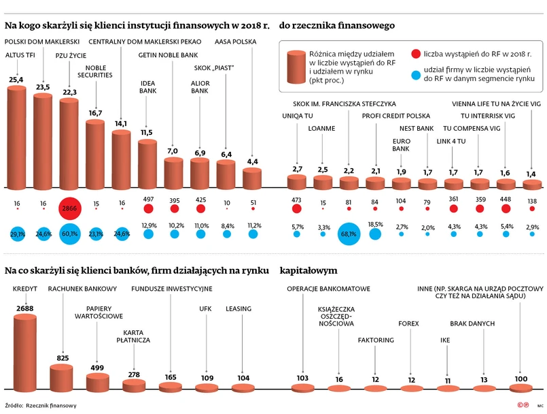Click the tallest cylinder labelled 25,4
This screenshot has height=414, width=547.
coord(16,136)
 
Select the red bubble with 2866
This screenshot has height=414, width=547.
coord(69,208)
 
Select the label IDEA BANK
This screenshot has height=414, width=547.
coord(147,86)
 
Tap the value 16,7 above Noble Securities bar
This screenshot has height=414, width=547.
coord(95,113)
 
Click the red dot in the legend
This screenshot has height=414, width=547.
coord(415,52)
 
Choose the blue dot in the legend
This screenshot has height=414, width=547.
coord(415,73)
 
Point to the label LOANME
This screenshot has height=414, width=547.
coord(321,128)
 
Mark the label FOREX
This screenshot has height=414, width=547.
coord(408,323)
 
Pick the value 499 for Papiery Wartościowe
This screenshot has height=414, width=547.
coord(96,368)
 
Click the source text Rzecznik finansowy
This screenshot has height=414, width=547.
coord(51,405)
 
